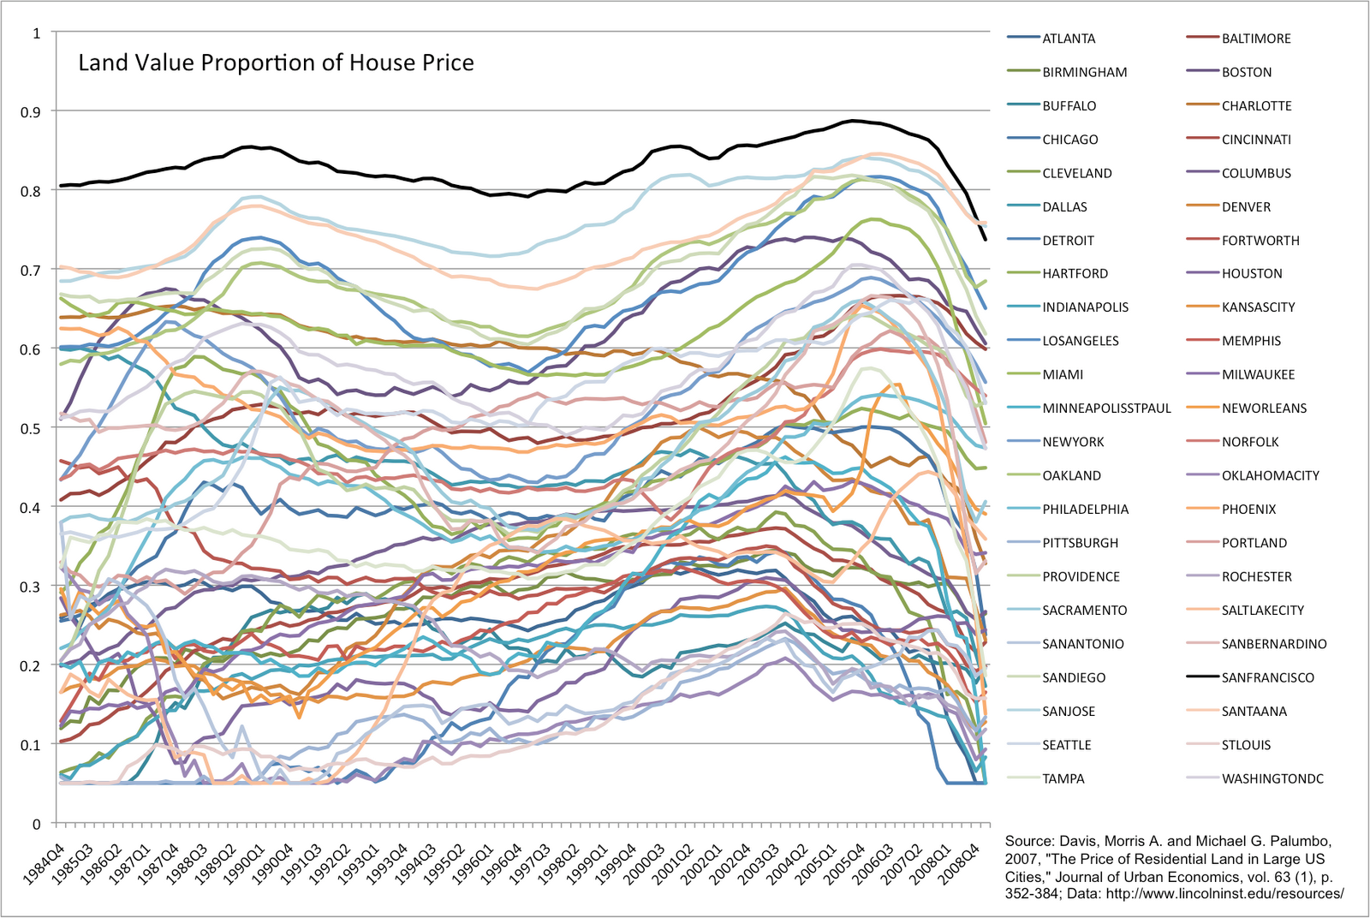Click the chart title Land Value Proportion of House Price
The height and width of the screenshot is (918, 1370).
[276, 63]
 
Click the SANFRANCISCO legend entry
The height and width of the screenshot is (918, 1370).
[1267, 677]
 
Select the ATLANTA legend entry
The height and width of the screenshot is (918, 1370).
[1069, 39]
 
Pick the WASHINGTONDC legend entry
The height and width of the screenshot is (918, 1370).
[1272, 778]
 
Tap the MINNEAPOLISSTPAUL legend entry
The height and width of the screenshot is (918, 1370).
[1106, 408]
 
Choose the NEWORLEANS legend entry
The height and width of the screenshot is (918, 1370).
[1264, 408]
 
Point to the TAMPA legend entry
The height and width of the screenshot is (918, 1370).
[1063, 778]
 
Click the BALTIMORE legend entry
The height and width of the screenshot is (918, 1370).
[1256, 39]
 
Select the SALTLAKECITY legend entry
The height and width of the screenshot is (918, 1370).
[1263, 611]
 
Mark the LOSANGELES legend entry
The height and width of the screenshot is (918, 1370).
[1081, 341]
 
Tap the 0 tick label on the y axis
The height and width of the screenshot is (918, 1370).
[37, 824]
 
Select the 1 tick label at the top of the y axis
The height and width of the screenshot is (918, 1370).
[37, 33]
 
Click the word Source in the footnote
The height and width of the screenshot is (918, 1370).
[1029, 842]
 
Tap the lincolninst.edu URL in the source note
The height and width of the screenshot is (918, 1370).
[1224, 893]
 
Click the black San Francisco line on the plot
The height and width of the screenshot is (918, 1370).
[514, 194]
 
